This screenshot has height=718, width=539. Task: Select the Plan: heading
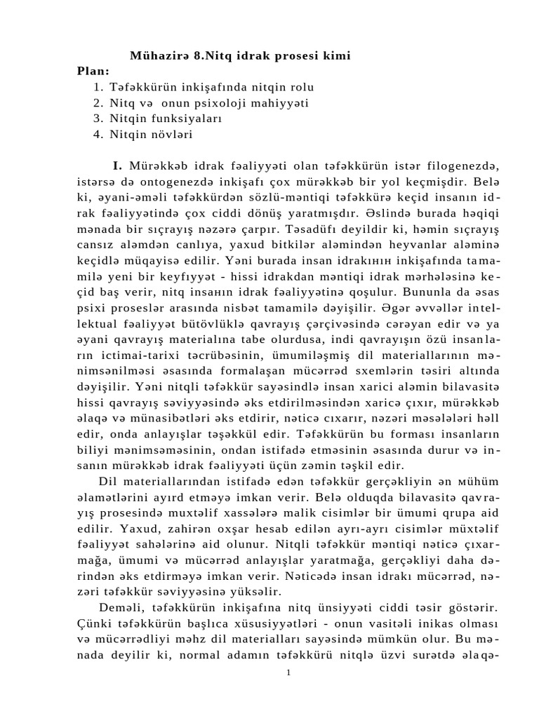(93, 71)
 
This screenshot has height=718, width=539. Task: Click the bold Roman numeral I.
(117, 165)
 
